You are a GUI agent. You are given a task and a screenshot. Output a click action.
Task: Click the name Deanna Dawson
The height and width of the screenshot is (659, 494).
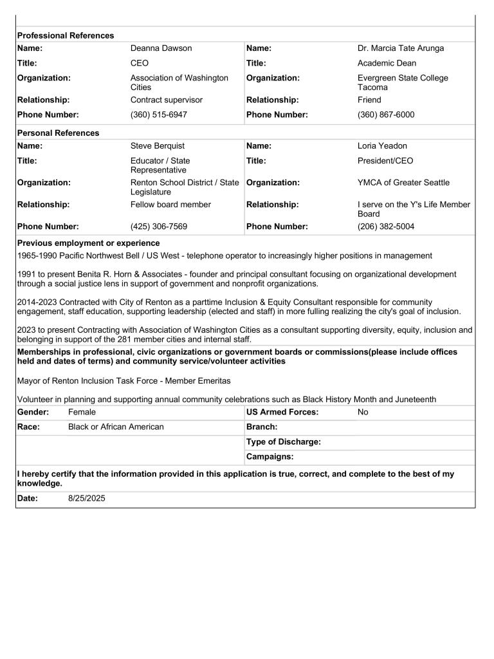161,48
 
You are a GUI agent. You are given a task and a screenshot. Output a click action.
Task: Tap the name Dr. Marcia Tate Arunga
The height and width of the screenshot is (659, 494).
401,48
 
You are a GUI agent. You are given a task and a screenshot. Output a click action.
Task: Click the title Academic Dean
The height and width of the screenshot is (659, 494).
387,63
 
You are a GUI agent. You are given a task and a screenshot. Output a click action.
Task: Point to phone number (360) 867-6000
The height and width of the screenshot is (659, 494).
386,115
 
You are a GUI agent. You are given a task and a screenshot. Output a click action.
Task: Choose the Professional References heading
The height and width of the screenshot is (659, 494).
66,35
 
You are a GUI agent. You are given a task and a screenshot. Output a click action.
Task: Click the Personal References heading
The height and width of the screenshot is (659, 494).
58,133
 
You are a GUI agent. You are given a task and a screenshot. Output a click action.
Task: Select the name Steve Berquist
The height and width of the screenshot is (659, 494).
158,146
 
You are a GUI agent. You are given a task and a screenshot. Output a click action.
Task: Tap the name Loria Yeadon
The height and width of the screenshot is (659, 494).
382,146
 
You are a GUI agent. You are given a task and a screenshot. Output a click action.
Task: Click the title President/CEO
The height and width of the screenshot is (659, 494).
385,161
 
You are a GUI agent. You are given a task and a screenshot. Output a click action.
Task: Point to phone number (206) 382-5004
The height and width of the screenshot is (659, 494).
386,227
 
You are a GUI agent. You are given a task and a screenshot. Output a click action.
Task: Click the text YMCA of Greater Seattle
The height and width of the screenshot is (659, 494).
403,183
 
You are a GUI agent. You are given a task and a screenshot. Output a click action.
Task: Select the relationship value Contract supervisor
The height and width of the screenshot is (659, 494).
166,100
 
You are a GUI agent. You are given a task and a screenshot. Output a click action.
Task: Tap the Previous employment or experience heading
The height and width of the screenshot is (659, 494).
89,243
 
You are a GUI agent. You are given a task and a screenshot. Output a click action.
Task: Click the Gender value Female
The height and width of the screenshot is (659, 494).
82,412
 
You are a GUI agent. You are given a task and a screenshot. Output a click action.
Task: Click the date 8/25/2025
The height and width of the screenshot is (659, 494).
87,498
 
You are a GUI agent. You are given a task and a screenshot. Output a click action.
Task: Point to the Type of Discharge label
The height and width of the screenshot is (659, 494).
283,442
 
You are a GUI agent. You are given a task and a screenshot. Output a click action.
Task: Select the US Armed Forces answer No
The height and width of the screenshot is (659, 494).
363,412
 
